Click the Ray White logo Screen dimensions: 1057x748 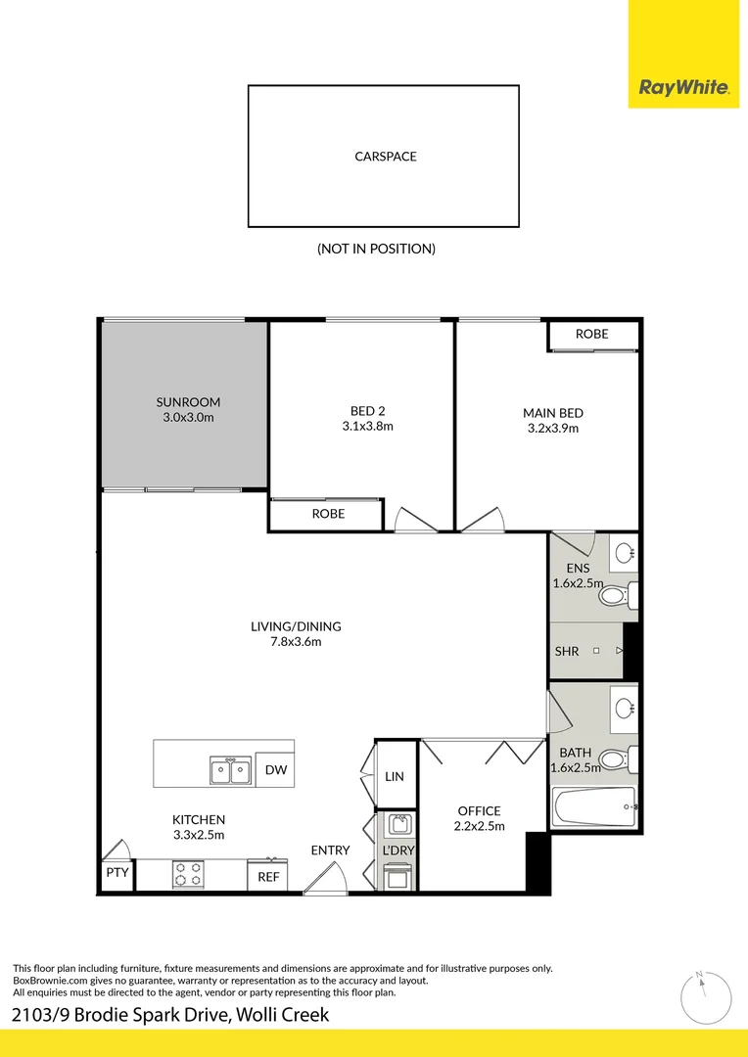pyautogui.click(x=683, y=88)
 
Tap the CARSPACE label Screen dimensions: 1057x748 pyautogui.click(x=385, y=157)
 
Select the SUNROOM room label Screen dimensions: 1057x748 pyautogui.click(x=188, y=402)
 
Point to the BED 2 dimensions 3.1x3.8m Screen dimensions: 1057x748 pyautogui.click(x=367, y=426)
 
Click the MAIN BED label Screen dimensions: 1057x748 pyautogui.click(x=552, y=413)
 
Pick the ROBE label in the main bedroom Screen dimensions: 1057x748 pyautogui.click(x=591, y=335)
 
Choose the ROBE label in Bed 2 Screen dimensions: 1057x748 pyautogui.click(x=328, y=514)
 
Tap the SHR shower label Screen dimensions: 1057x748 pyautogui.click(x=567, y=651)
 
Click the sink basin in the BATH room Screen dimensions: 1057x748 pyautogui.click(x=623, y=706)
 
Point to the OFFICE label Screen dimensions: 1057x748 pyautogui.click(x=479, y=811)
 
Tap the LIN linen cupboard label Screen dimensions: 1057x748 pyautogui.click(x=395, y=776)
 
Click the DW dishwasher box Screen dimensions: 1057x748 pyautogui.click(x=275, y=771)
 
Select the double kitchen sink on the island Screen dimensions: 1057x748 pyautogui.click(x=230, y=771)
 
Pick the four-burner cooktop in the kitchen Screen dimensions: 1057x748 pyautogui.click(x=188, y=874)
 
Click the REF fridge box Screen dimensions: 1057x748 pyautogui.click(x=268, y=877)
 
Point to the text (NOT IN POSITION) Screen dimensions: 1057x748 pyautogui.click(x=376, y=249)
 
